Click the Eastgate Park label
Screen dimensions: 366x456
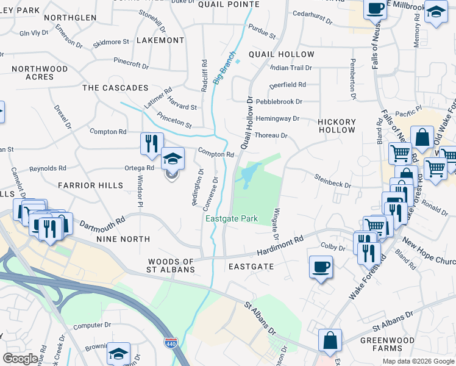pos(231,218)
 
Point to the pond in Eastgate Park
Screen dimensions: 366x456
pos(249,178)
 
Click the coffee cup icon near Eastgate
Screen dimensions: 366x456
pos(321,267)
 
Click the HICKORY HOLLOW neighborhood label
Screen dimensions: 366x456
pos(337,126)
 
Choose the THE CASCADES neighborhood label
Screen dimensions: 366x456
pos(115,88)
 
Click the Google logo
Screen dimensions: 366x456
pos(20,358)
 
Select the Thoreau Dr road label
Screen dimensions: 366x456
pos(271,135)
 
